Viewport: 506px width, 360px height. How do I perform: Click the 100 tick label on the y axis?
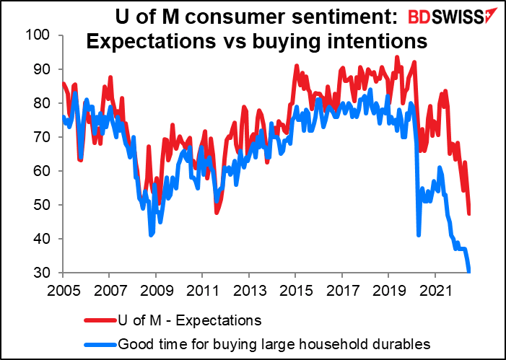41,35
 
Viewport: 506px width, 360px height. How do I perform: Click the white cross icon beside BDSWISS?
492,16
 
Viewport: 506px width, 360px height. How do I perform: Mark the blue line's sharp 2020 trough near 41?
419,234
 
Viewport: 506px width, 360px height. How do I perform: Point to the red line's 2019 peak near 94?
397,57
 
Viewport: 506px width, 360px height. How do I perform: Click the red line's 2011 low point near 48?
217,213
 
